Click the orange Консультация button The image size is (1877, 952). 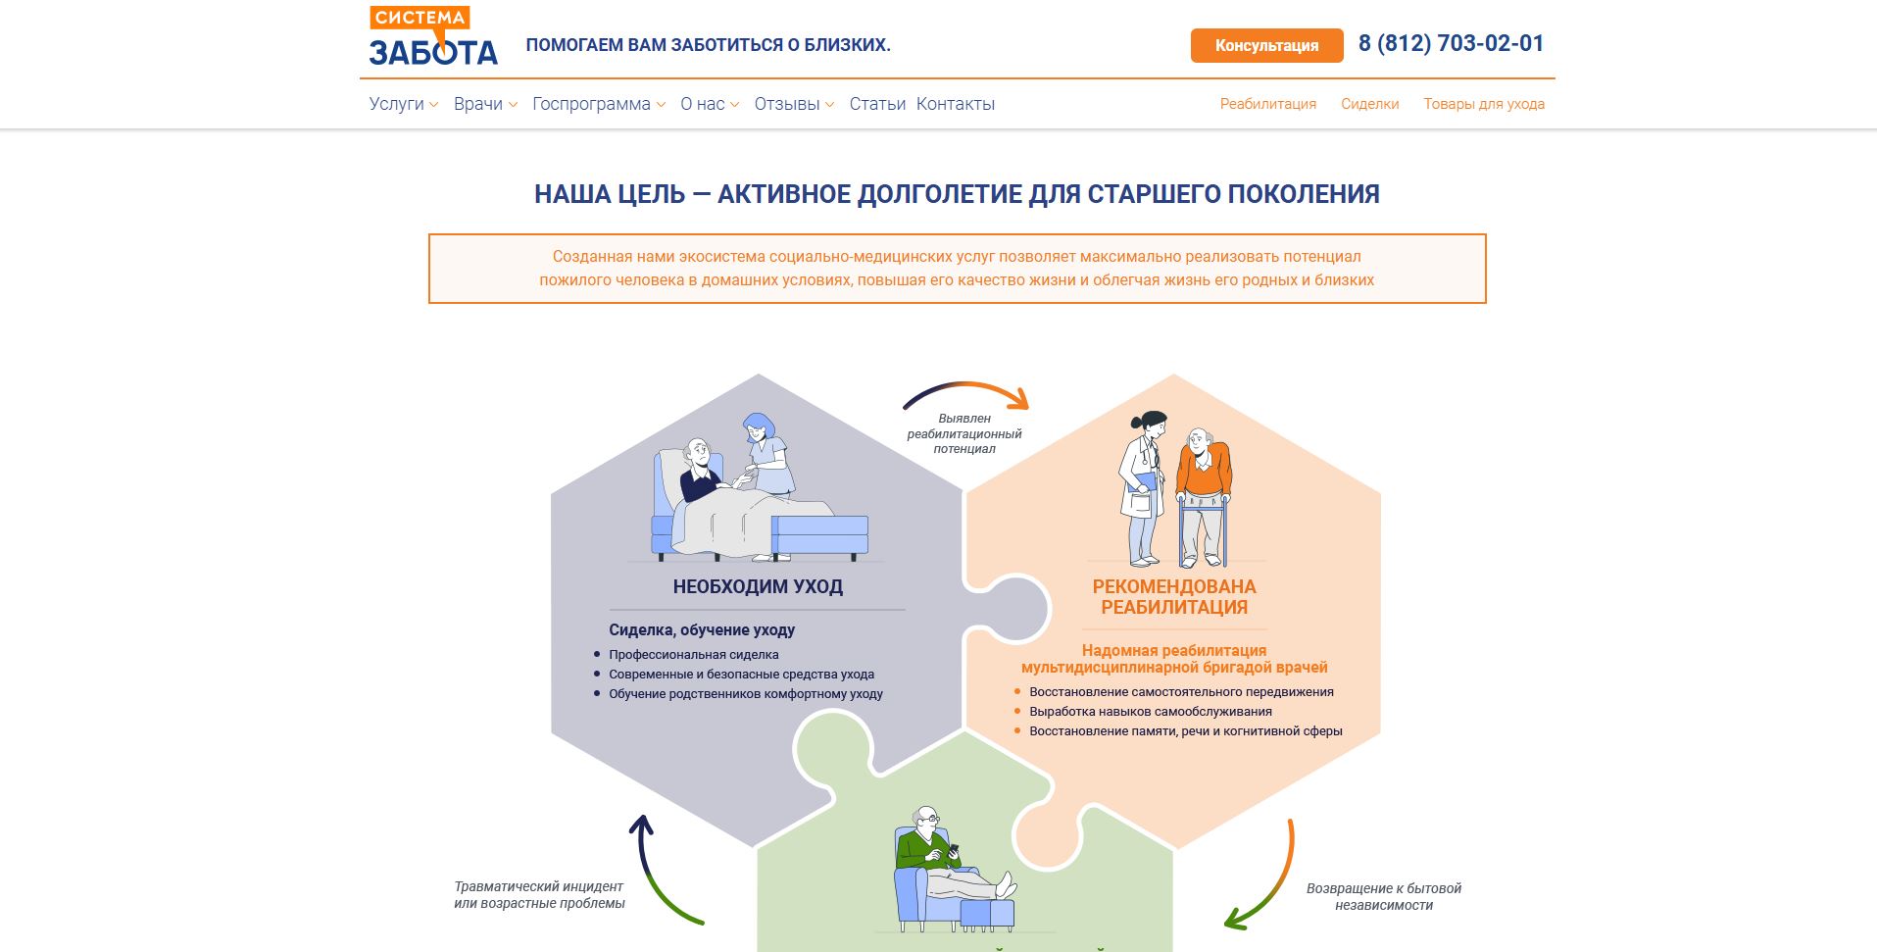click(x=1266, y=45)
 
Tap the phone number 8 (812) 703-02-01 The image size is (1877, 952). click(x=1451, y=43)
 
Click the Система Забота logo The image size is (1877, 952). click(x=433, y=35)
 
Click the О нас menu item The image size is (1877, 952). click(x=710, y=104)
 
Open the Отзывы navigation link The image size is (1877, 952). click(x=794, y=104)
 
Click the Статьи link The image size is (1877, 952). click(x=877, y=104)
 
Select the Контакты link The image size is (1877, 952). click(x=956, y=104)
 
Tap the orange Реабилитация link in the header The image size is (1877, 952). click(x=1268, y=104)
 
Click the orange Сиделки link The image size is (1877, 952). click(x=1369, y=104)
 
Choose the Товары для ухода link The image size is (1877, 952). click(x=1484, y=104)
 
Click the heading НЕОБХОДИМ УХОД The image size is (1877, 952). click(x=758, y=586)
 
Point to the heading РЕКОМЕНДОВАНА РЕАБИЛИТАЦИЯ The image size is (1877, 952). click(x=1174, y=597)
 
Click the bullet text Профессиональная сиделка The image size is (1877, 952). click(x=694, y=655)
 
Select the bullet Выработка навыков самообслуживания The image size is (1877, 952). click(x=1151, y=712)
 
